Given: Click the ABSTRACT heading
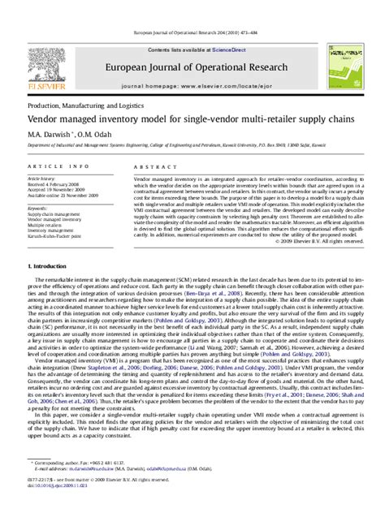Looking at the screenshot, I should pyautogui.click(x=149, y=166).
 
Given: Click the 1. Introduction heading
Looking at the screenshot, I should pyautogui.click(x=52, y=266).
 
